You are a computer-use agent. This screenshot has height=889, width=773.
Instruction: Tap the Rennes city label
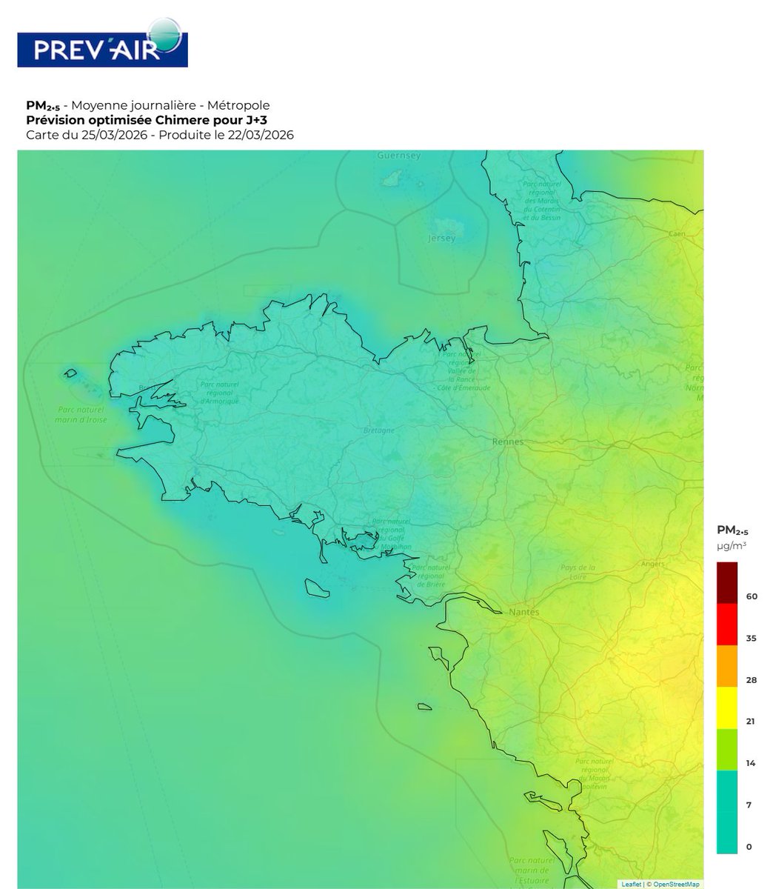(x=508, y=442)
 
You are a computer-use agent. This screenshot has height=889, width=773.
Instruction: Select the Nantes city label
(x=524, y=613)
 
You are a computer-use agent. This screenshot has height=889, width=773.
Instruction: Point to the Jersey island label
(x=442, y=239)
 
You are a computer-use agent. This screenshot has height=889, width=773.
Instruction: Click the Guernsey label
(x=398, y=156)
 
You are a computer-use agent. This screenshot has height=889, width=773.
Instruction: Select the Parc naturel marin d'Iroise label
(x=83, y=415)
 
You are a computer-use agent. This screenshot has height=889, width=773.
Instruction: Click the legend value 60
(x=752, y=596)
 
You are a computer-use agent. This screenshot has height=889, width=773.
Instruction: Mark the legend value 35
(x=752, y=638)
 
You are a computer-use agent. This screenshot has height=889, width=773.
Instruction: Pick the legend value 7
(x=749, y=805)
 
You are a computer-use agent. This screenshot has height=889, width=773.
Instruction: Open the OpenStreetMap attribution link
(x=676, y=884)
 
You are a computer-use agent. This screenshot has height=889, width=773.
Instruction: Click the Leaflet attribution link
(x=632, y=884)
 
